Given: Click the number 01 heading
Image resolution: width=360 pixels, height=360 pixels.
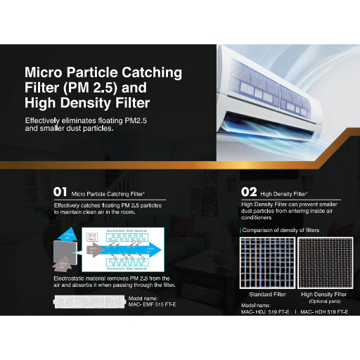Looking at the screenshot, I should click(60, 191).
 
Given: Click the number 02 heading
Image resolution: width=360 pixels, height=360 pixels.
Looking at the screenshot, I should click(248, 191).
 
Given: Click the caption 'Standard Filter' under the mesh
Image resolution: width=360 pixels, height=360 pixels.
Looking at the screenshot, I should click(266, 294).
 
